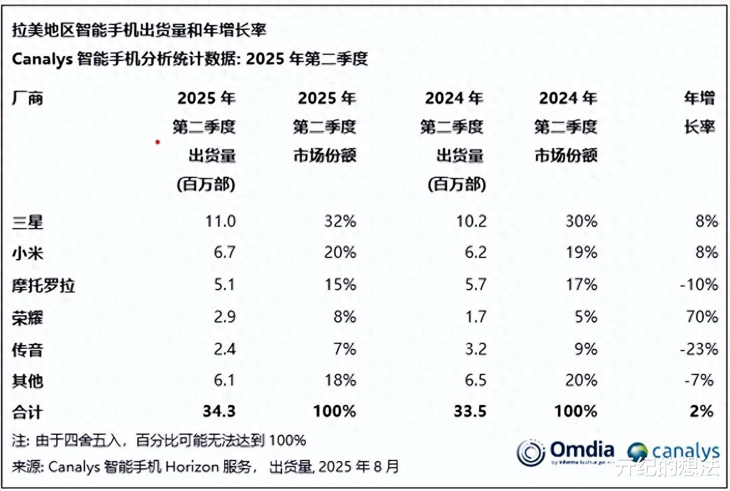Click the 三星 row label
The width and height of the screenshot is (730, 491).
[28, 222]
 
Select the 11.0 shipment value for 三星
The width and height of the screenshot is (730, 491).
[220, 222]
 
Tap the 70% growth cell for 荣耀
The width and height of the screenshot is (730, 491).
[702, 317]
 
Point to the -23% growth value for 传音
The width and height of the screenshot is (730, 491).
[698, 349]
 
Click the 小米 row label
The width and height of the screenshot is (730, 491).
[28, 253]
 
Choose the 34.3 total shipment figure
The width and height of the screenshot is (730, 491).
[219, 411]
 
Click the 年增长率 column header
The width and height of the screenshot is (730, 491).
[700, 112]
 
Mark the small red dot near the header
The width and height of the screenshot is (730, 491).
[157, 142]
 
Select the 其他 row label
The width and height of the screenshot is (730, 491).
[28, 380]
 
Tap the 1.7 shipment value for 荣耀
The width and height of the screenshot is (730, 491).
[475, 317]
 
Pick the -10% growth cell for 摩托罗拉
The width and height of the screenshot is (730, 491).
[698, 285]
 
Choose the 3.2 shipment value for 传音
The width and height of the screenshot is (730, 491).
[475, 349]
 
